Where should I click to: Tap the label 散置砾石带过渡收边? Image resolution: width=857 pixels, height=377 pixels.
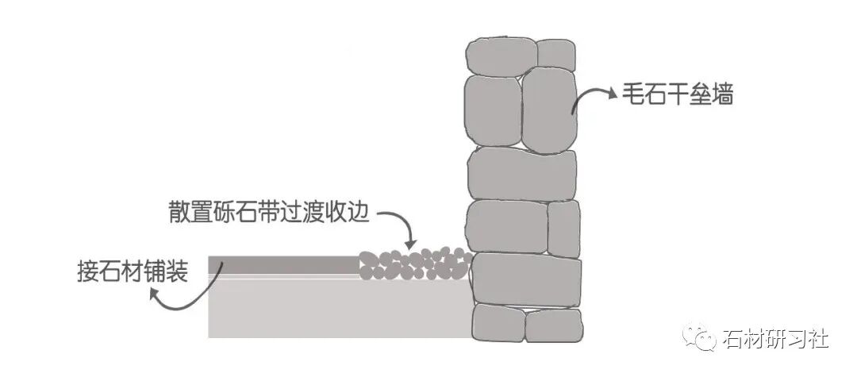click(270, 214)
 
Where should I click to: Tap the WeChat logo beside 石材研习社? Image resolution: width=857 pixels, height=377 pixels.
click(705, 338)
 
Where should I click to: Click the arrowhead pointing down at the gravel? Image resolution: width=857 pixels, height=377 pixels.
click(409, 244)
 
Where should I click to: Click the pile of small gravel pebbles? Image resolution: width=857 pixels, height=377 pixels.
click(413, 264)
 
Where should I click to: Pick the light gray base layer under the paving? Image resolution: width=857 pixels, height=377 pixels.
click(333, 310)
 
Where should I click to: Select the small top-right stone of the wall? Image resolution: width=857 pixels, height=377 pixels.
click(555, 54)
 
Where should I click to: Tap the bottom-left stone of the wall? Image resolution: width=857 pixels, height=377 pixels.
click(498, 324)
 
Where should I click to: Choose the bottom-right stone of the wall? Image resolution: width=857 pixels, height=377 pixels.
click(553, 326)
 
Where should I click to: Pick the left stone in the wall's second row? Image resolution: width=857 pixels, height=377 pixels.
click(492, 109)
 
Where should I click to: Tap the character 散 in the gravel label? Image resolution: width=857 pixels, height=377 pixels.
click(179, 214)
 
